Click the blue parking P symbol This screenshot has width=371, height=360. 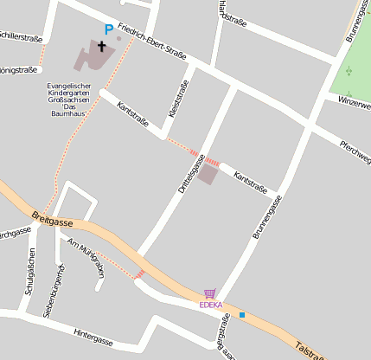pyautogui.click(x=108, y=29)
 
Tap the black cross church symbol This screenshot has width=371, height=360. pyautogui.click(x=101, y=46)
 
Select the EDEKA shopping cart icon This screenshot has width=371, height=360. pyautogui.click(x=209, y=294)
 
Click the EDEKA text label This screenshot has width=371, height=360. pyautogui.click(x=210, y=305)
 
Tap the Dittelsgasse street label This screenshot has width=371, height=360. pyautogui.click(x=190, y=174)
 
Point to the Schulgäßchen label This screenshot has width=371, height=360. pyautogui.click(x=30, y=272)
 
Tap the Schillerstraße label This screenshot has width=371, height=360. pyautogui.click(x=19, y=38)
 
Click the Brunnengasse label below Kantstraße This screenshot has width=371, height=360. pyautogui.click(x=267, y=217)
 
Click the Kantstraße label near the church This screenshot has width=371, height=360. pyautogui.click(x=132, y=117)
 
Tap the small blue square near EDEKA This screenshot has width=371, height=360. pyautogui.click(x=242, y=314)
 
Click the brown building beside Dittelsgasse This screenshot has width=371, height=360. pyautogui.click(x=208, y=174)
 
